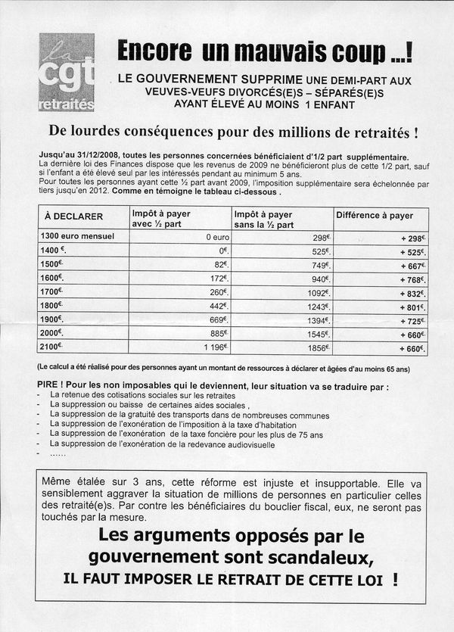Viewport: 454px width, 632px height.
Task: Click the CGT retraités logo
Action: pos(67,72)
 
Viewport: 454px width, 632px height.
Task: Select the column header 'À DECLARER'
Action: pos(73,216)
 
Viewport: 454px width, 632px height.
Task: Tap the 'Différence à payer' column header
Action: pos(375,216)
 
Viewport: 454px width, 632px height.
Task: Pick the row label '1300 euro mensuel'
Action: pos(77,237)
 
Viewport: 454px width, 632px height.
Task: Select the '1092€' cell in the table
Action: pos(316,293)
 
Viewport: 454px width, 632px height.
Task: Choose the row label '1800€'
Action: pos(52,306)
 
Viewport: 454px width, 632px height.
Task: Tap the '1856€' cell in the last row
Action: pos(316,347)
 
